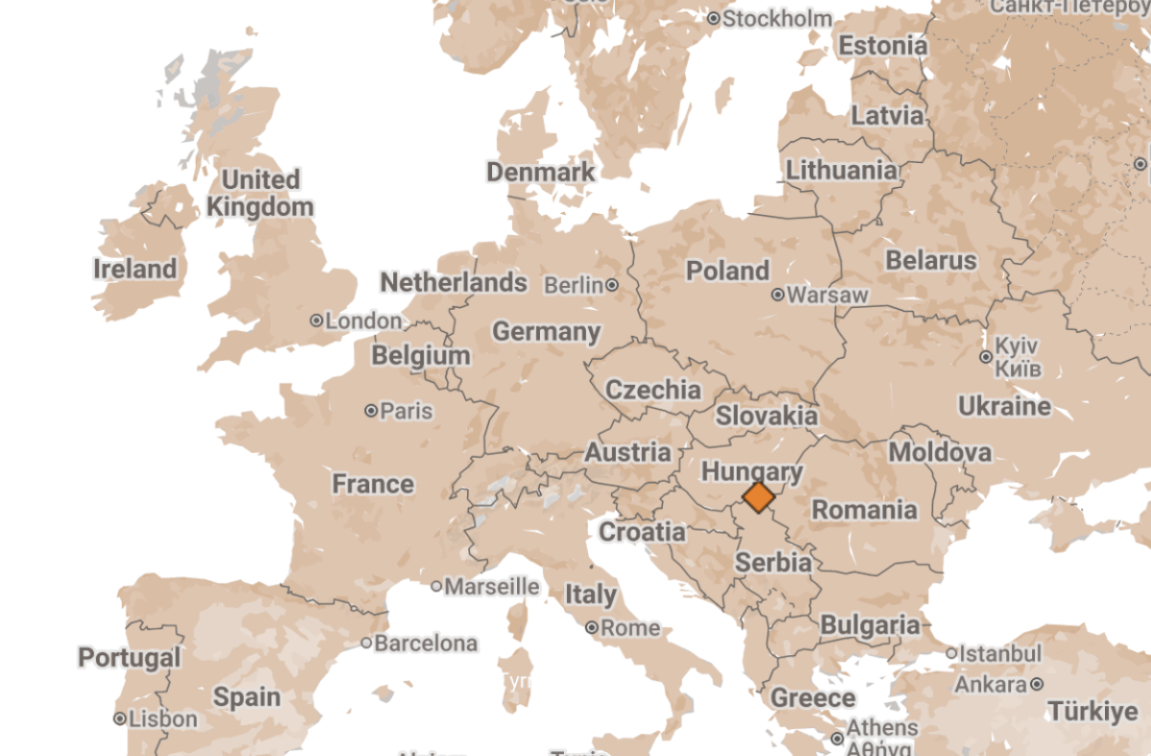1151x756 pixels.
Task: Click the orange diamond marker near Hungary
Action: pos(759,497)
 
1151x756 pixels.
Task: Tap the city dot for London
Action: pos(317,320)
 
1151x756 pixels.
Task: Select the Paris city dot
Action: pos(371,411)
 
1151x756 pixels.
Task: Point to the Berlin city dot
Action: pos(612,285)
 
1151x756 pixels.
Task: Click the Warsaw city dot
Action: pos(778,295)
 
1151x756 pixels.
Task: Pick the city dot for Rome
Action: pos(593,628)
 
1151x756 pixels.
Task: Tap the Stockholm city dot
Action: pos(714,18)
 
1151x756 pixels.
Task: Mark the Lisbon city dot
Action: pos(120,718)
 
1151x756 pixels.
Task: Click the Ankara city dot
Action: pos(1037,684)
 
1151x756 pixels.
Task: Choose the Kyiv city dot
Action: pos(985,357)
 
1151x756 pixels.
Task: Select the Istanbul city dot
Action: pos(951,653)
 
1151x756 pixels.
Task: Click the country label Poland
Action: pos(728,271)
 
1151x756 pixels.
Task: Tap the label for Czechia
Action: pos(653,390)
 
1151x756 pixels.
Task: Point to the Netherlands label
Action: pos(454,282)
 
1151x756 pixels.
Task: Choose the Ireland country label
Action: pos(135,269)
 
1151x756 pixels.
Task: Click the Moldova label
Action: pos(940,452)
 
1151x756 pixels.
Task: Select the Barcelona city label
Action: pos(426,643)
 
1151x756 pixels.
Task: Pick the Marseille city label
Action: pos(492,585)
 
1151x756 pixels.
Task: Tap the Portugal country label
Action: pos(129,657)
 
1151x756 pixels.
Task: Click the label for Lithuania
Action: pos(842,171)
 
